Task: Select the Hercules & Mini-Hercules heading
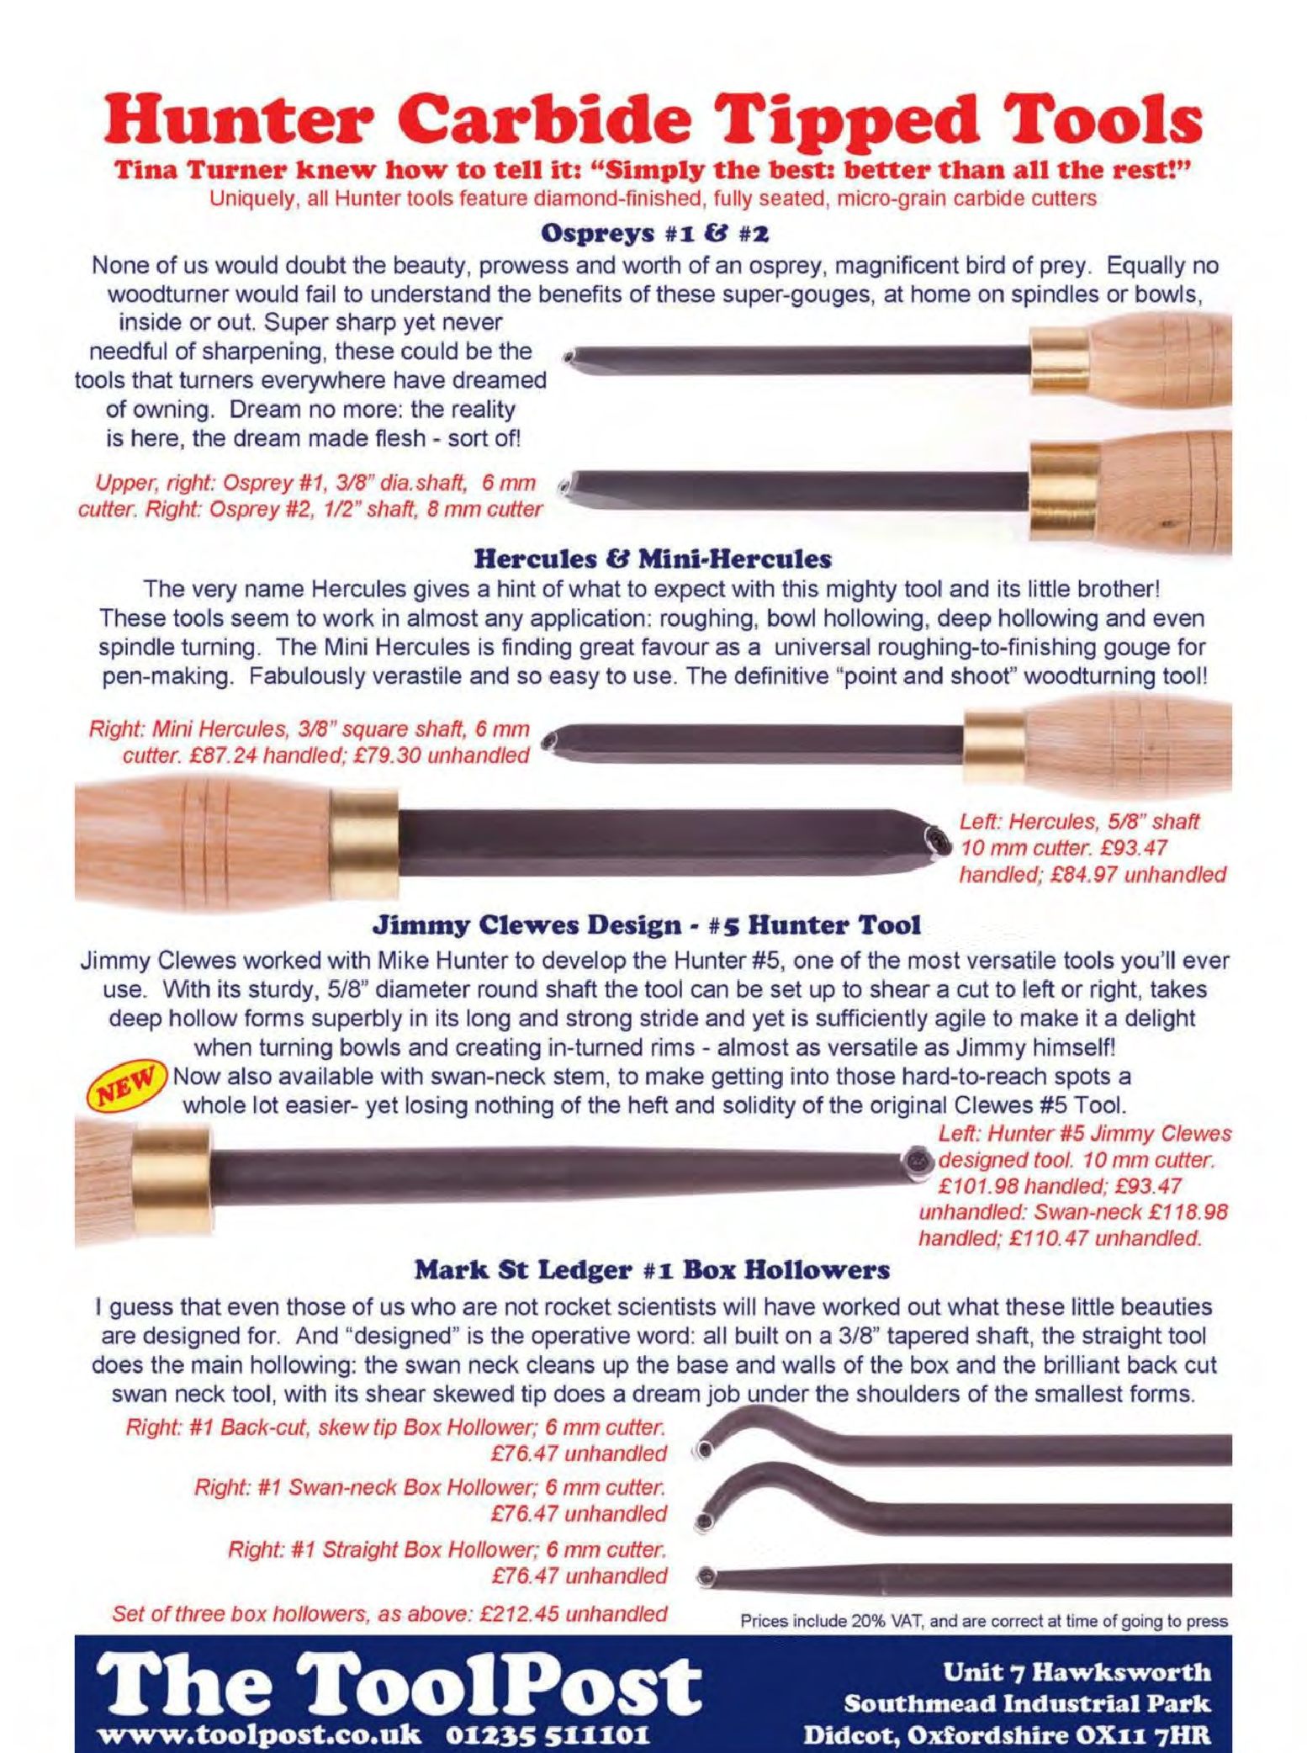[653, 558]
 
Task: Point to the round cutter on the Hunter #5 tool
[918, 1162]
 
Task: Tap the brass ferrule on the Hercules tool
[363, 844]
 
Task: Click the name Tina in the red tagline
[146, 172]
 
